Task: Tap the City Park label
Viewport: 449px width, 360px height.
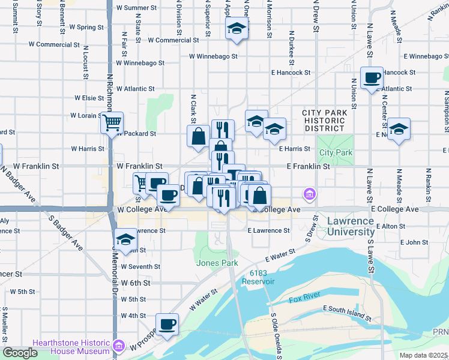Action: [x=336, y=152]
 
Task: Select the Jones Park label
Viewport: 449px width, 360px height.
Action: [x=217, y=263]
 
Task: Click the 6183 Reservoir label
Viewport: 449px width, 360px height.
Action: [x=258, y=277]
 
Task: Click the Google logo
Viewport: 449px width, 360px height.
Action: [x=20, y=353]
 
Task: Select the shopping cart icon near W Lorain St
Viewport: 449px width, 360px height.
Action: [x=112, y=123]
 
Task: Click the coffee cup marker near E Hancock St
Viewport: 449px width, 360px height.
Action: [x=372, y=78]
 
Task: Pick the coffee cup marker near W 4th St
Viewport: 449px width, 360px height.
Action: [x=167, y=324]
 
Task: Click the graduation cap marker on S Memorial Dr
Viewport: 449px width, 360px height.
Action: [x=125, y=240]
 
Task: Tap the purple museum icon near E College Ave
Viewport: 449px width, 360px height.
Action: [x=310, y=194]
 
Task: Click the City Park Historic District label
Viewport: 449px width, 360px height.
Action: [x=324, y=121]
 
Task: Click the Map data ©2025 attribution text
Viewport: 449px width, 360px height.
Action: [x=424, y=355]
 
